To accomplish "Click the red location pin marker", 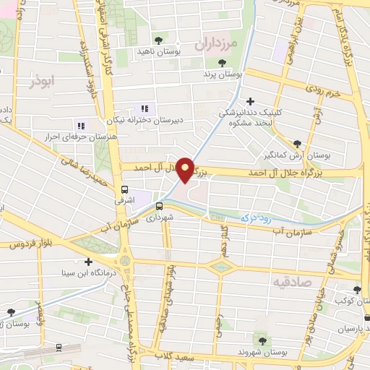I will click(185, 169).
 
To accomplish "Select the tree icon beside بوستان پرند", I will click(221, 63).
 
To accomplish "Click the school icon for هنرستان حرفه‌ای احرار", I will click(80, 125).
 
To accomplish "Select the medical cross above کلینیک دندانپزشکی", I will click(250, 101).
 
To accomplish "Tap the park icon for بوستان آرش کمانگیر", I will click(298, 143).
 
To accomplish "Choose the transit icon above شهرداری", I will click(159, 206).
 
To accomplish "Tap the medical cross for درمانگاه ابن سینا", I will click(88, 262).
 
